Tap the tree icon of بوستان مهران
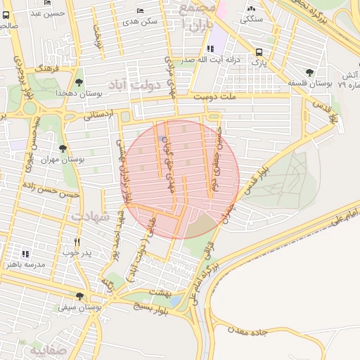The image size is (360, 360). click(x=63, y=148)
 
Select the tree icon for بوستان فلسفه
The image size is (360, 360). click(x=310, y=72)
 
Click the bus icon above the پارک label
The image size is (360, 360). click(x=259, y=52)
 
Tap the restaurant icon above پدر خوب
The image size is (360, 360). click(x=86, y=241)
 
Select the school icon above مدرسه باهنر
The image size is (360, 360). click(x=26, y=254)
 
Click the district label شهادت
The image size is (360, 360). click(x=91, y=217)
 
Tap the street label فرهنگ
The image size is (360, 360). click(x=47, y=69)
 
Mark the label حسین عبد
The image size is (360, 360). click(x=48, y=13)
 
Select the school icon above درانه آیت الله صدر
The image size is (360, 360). click(x=210, y=49)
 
